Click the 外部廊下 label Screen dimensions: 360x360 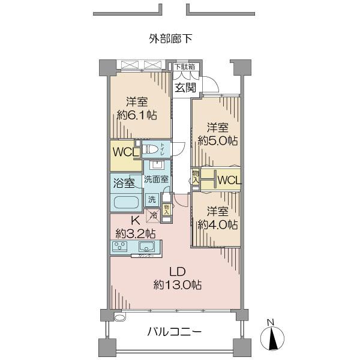[x=170, y=40]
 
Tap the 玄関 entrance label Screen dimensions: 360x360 [x=185, y=87]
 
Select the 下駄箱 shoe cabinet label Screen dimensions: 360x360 [x=185, y=67]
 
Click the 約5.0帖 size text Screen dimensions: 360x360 [x=218, y=140]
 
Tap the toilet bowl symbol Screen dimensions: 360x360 [x=153, y=148]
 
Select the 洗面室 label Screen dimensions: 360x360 [x=156, y=179]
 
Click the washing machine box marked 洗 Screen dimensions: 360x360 [x=152, y=199]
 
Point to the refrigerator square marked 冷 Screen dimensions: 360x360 [x=154, y=213]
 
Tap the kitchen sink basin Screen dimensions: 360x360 [x=147, y=247]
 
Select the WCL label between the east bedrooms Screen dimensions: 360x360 [x=229, y=179]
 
